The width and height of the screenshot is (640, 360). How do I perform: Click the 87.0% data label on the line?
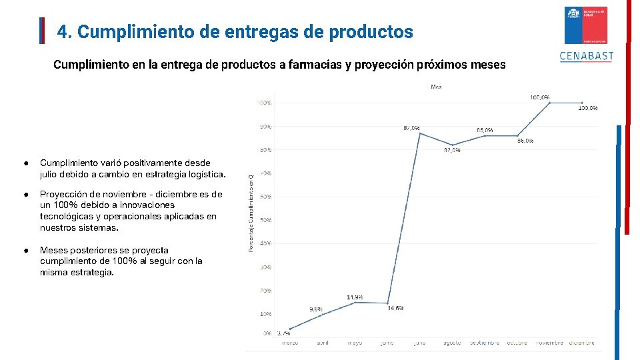tap(411, 127)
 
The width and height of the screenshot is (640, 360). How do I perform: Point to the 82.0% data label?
tap(452, 151)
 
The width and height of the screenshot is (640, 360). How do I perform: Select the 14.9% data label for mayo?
tap(355, 297)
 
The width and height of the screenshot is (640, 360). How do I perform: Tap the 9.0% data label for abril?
tap(316, 309)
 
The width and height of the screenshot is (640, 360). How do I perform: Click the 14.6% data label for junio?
tap(395, 308)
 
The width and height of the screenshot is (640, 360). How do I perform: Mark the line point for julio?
tap(419, 133)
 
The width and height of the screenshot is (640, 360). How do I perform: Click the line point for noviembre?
tap(549, 103)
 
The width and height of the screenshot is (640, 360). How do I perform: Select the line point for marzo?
tap(290, 328)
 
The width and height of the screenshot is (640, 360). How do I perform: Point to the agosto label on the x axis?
tap(452, 343)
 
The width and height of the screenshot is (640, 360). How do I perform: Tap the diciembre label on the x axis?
tap(581, 343)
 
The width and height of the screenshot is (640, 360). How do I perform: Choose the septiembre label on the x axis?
tap(485, 343)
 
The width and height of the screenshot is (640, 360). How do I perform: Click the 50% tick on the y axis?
tap(265, 220)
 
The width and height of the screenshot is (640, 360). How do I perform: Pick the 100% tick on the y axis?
tap(264, 103)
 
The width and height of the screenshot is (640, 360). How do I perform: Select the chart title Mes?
tap(436, 87)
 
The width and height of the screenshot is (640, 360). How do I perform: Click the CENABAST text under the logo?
tap(587, 57)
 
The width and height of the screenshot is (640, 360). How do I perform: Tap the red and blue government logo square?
tap(586, 25)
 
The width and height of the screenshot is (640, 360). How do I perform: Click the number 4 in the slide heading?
tap(61, 31)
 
